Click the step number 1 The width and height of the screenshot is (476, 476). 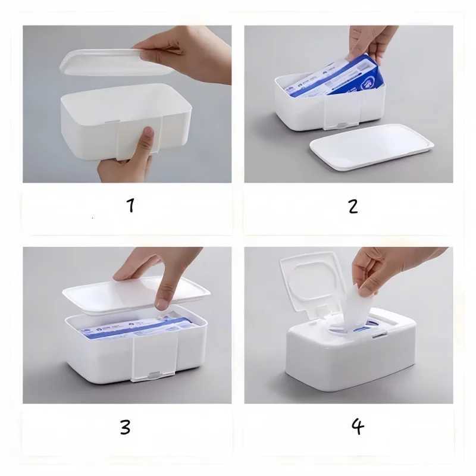[x=130, y=206]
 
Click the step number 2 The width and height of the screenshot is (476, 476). [x=353, y=206]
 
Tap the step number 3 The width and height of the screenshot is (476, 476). [x=125, y=427]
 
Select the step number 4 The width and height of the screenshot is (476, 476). [x=357, y=426]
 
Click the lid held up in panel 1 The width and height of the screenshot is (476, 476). [x=107, y=62]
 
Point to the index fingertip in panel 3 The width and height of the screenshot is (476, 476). [x=161, y=303]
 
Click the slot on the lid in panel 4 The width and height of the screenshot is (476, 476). [x=379, y=335]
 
